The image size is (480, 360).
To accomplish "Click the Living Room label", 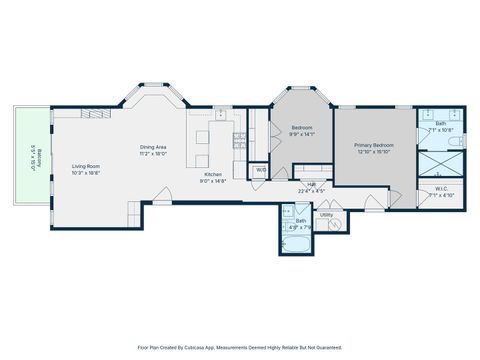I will [x=85, y=166].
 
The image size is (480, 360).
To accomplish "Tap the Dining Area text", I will [x=153, y=148].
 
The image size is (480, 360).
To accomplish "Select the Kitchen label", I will [x=213, y=175].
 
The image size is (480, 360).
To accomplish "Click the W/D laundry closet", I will [x=260, y=170].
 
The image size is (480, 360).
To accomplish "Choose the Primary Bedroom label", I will [x=374, y=145].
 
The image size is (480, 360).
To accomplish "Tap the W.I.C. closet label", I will [x=441, y=189].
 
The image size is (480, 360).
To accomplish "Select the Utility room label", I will [x=326, y=214].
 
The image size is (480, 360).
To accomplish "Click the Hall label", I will [x=311, y=184].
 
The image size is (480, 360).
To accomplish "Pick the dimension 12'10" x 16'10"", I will [x=374, y=153].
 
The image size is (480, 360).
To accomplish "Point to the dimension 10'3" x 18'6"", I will [x=85, y=173].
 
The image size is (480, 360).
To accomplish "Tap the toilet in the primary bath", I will [x=455, y=144].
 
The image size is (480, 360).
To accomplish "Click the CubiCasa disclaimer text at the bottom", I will [x=240, y=347].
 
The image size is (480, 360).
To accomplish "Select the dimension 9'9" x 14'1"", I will [x=302, y=134].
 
